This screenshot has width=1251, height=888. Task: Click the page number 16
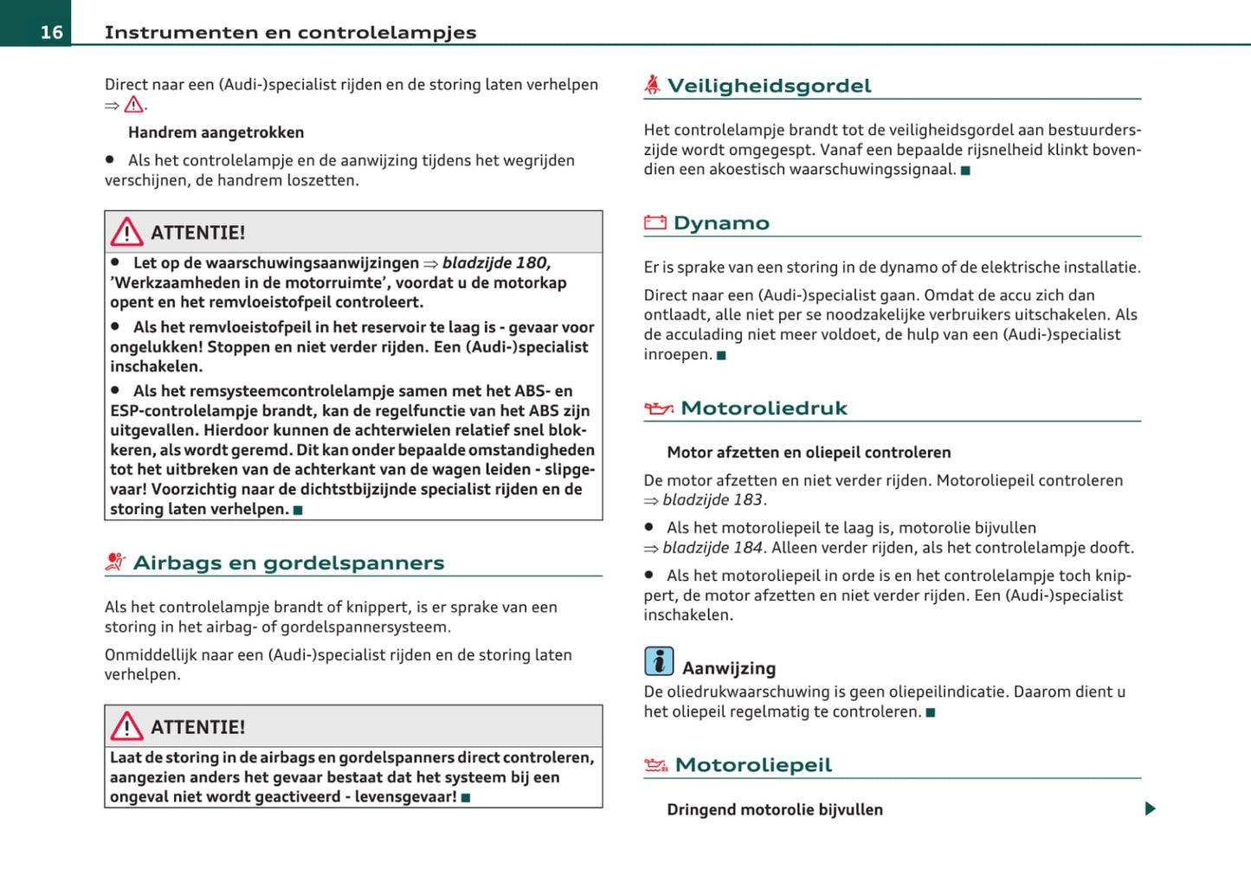click(51, 32)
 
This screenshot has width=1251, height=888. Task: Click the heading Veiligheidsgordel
click(769, 86)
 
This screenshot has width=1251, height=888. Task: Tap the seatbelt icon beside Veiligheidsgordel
click(652, 84)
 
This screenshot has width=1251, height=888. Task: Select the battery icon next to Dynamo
click(655, 222)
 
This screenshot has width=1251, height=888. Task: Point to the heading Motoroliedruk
click(764, 408)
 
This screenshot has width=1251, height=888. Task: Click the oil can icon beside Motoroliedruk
click(658, 408)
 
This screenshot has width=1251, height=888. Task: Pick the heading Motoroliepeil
click(753, 765)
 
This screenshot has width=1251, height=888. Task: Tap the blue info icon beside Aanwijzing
click(659, 661)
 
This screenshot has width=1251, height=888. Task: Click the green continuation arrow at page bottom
click(1150, 808)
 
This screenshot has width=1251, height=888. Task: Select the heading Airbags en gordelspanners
click(288, 563)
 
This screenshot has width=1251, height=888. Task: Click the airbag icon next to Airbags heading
click(115, 562)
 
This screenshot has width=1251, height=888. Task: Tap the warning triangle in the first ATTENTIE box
click(127, 232)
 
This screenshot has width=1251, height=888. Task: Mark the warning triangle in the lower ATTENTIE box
click(127, 726)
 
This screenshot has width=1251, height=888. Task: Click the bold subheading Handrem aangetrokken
click(216, 132)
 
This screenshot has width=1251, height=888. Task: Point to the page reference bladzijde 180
click(496, 263)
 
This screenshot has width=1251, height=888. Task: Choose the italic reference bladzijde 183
click(713, 500)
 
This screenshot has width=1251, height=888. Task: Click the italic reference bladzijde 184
click(713, 548)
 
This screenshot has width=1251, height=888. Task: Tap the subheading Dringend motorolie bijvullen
click(775, 809)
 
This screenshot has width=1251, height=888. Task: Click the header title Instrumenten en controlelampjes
click(290, 32)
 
